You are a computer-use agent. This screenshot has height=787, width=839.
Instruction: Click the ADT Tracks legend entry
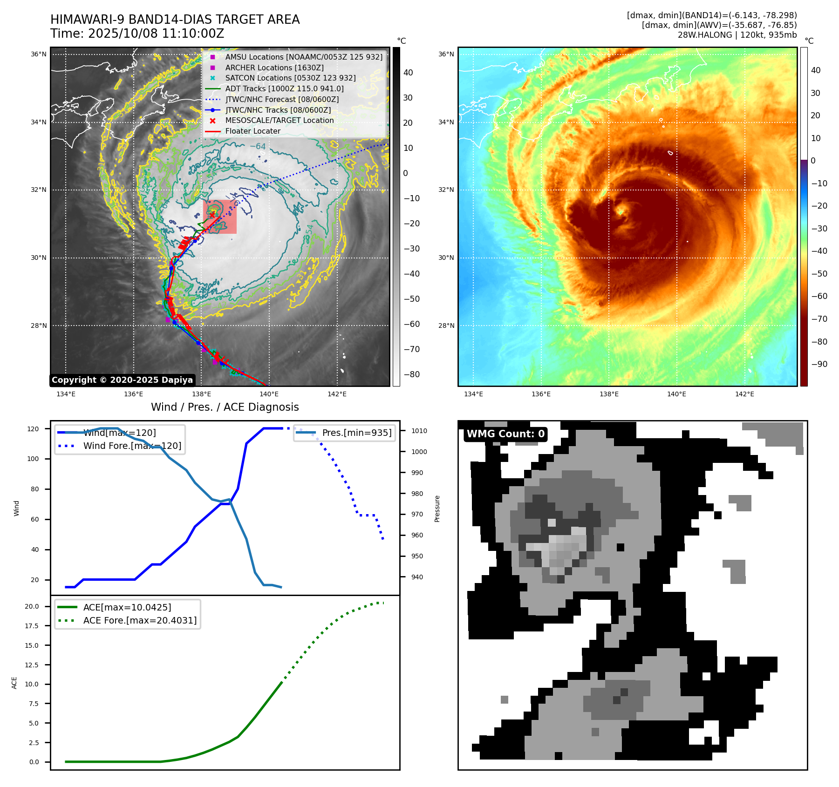pos(284,88)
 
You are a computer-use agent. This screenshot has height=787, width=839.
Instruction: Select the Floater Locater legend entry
pos(252,131)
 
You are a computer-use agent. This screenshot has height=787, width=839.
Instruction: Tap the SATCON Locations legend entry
pos(290,78)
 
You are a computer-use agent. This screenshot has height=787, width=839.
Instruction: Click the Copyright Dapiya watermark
pos(122,380)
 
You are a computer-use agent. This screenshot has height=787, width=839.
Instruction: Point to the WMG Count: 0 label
pos(505,434)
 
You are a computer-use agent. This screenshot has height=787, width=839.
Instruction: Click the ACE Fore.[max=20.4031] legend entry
pos(140,620)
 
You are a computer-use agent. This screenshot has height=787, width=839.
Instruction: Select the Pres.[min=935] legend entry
pos(356,433)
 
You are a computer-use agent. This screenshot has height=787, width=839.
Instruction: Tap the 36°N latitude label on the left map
pos(39,54)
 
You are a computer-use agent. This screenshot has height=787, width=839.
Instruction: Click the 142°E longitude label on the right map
pos(744,394)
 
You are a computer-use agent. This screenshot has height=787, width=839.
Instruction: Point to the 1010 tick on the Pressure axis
pos(419,431)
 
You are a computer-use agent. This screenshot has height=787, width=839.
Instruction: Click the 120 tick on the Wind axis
pos(33,429)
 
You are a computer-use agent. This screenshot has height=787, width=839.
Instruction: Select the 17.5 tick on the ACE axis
pos(32,626)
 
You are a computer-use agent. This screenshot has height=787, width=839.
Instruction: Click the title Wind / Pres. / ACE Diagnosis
pos(225,407)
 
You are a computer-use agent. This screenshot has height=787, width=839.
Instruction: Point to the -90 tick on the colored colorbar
pos(819,364)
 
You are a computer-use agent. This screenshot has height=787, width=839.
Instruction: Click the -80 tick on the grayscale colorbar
pos(412,374)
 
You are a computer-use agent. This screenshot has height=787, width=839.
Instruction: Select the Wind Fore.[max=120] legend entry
pos(132,446)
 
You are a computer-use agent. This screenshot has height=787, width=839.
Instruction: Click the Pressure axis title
pos(437,509)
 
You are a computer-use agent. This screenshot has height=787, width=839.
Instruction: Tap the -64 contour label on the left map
pos(258,147)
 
